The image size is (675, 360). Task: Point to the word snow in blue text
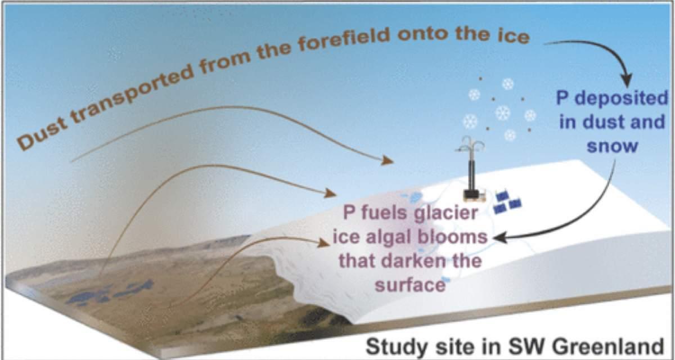click(612, 146)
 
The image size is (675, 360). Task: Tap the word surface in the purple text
click(410, 285)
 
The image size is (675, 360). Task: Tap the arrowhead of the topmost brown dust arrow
click(387, 160)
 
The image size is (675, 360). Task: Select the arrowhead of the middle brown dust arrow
click(330, 193)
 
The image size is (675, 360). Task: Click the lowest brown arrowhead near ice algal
click(324, 243)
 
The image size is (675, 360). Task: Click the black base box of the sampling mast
click(471, 193)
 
